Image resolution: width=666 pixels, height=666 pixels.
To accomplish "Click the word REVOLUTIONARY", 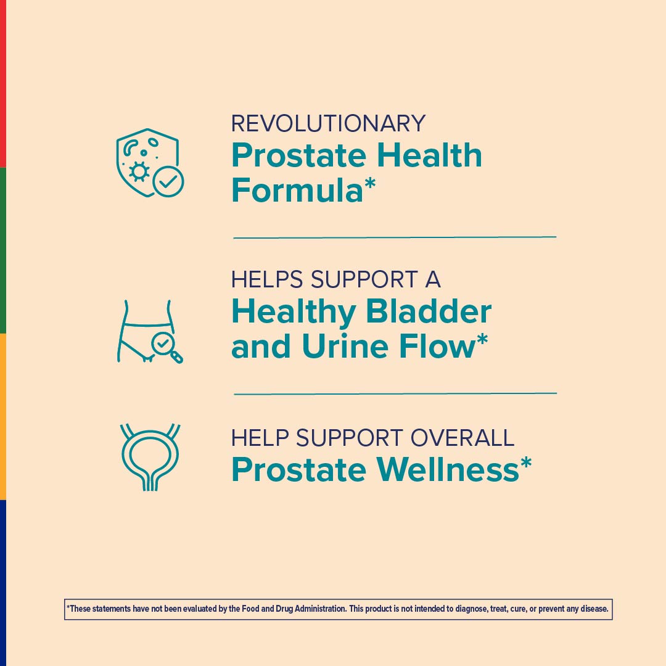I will tap(328, 123).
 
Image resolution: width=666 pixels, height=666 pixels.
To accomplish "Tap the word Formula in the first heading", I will tap(297, 190).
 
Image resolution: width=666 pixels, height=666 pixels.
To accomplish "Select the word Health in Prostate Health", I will tap(429, 155).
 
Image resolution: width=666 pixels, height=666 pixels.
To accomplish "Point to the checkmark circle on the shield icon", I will tap(168, 181).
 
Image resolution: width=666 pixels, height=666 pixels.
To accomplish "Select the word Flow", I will tap(437, 347).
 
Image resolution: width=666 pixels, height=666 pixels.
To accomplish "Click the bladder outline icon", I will tap(150, 457).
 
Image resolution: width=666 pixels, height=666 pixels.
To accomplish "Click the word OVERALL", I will tap(462, 438).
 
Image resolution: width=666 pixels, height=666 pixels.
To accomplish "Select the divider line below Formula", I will tap(395, 237).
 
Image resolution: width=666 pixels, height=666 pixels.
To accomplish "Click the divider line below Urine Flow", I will tap(395, 393).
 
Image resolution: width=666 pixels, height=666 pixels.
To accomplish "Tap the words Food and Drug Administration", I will tap(298, 609).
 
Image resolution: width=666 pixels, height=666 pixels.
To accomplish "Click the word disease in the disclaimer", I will tap(593, 609).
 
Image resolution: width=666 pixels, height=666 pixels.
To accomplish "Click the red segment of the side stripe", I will tap(3, 83).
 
